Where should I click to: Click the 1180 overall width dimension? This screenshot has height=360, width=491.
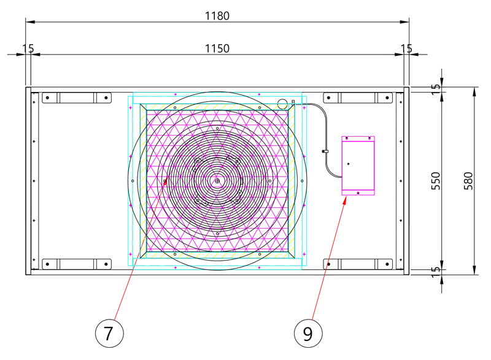click(x=217, y=15)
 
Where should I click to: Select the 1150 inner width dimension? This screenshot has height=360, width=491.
click(x=217, y=48)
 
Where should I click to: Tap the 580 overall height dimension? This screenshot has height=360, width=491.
click(x=468, y=181)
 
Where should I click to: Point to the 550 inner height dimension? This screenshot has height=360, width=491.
click(x=436, y=181)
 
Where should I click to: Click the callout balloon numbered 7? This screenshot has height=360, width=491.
click(x=109, y=333)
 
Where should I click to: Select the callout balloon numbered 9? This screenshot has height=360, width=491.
click(x=308, y=333)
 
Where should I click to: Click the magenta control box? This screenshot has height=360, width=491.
click(x=358, y=166)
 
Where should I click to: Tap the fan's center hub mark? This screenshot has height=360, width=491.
click(x=217, y=181)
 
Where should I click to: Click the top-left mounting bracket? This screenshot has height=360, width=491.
click(x=77, y=98)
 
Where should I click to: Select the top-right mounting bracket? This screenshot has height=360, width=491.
click(x=358, y=98)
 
